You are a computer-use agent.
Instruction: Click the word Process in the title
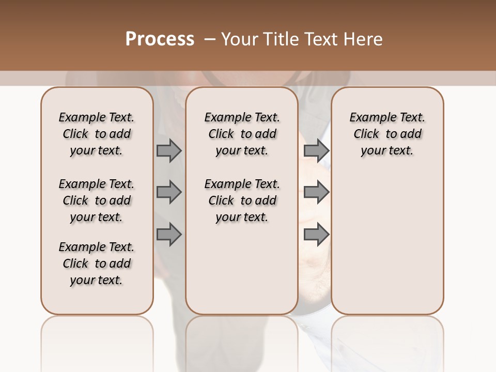click(160, 39)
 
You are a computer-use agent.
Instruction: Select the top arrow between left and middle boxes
click(169, 150)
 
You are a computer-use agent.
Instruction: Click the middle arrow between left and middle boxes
click(169, 193)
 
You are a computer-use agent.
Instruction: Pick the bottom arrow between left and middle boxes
click(169, 235)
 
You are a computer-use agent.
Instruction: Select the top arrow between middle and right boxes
click(316, 150)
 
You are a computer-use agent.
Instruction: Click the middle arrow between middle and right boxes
click(316, 193)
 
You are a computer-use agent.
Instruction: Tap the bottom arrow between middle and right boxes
click(316, 235)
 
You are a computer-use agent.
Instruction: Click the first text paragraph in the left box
click(97, 134)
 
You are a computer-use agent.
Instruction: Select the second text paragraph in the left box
click(97, 200)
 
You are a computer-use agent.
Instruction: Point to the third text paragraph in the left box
click(97, 263)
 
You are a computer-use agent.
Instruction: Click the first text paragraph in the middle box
click(242, 134)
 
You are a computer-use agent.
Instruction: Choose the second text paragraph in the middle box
click(242, 200)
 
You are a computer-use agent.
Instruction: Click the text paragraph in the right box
click(388, 134)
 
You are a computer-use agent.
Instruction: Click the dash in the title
click(209, 39)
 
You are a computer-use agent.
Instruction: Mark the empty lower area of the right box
click(388, 243)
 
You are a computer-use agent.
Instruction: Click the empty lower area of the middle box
click(242, 269)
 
